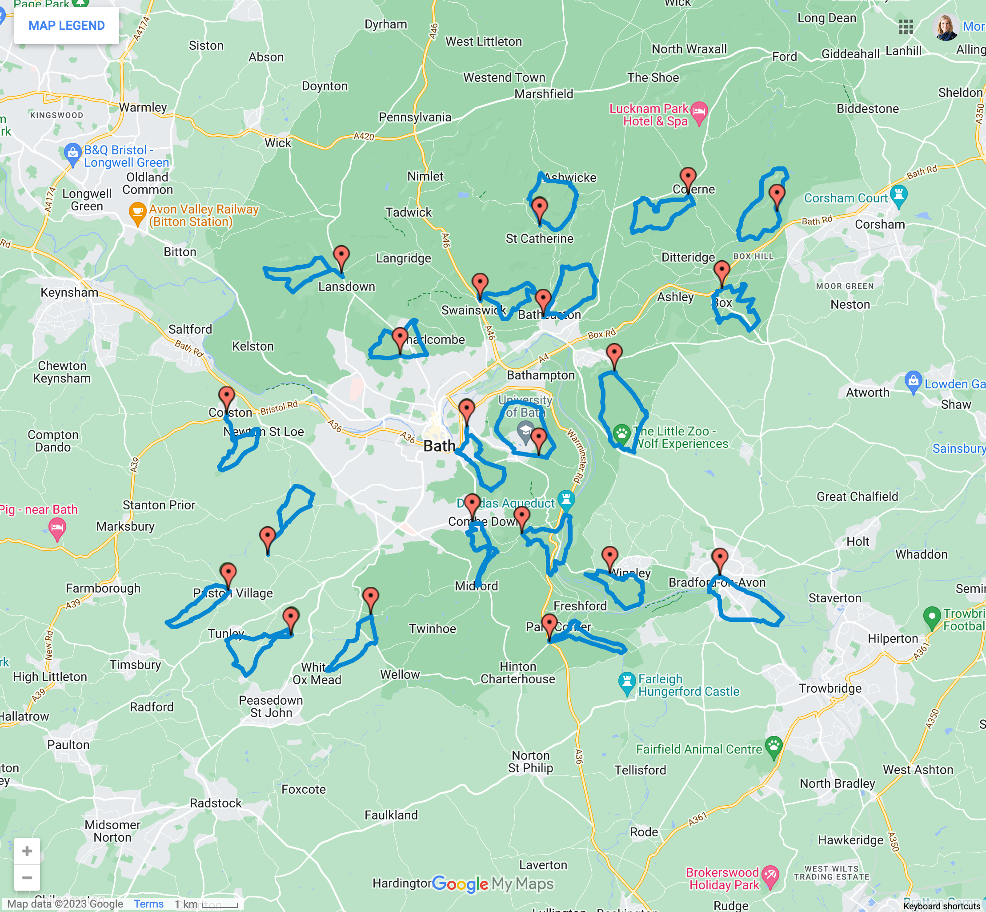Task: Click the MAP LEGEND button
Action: tap(66, 26)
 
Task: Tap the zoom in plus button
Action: tap(27, 851)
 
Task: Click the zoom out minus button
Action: tap(27, 877)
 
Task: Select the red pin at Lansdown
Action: tap(341, 257)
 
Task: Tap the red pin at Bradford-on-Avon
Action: tap(720, 559)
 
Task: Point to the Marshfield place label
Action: tap(544, 94)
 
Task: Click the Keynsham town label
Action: tap(69, 292)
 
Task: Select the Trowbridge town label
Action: tap(830, 688)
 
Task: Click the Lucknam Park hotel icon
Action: tap(699, 112)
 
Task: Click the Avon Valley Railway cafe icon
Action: tap(137, 212)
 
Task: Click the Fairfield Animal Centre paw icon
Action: tap(774, 746)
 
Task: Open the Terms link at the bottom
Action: tap(148, 904)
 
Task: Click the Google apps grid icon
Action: tap(906, 26)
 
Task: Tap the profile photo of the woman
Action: tap(946, 26)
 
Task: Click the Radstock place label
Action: tap(216, 803)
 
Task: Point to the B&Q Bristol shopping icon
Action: tap(72, 153)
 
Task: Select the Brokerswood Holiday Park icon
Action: tap(770, 876)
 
